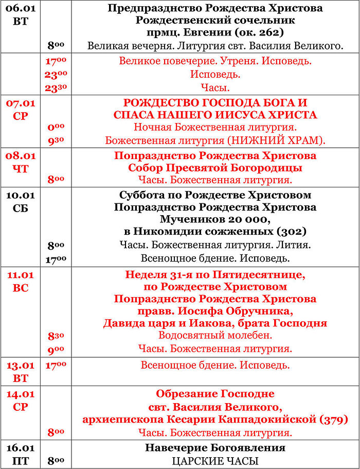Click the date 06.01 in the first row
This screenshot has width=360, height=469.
pyautogui.click(x=20, y=8)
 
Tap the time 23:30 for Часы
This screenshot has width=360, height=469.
pyautogui.click(x=57, y=88)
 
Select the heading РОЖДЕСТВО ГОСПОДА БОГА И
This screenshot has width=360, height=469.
pyautogui.click(x=215, y=102)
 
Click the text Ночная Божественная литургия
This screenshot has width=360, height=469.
pyautogui.click(x=215, y=127)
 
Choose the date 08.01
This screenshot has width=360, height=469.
pyautogui.click(x=20, y=155)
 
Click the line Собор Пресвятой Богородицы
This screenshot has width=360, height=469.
pyautogui.click(x=215, y=168)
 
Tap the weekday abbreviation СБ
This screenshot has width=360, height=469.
pyautogui.click(x=20, y=209)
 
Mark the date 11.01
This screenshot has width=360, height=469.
pyautogui.click(x=20, y=275)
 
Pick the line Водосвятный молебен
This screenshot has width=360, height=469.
pyautogui.click(x=215, y=336)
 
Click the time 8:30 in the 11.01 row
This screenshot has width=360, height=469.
pyautogui.click(x=56, y=336)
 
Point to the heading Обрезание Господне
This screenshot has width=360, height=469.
pyautogui.click(x=215, y=394)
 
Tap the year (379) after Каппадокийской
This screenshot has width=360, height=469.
pyautogui.click(x=333, y=419)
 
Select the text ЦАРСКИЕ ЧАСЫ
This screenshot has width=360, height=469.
pyautogui.click(x=215, y=461)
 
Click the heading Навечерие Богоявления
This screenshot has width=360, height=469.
pyautogui.click(x=215, y=448)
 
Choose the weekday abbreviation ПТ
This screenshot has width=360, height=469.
pyautogui.click(x=20, y=461)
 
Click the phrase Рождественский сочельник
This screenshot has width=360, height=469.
pyautogui.click(x=215, y=21)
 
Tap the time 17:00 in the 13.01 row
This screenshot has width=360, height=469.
pyautogui.click(x=56, y=365)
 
